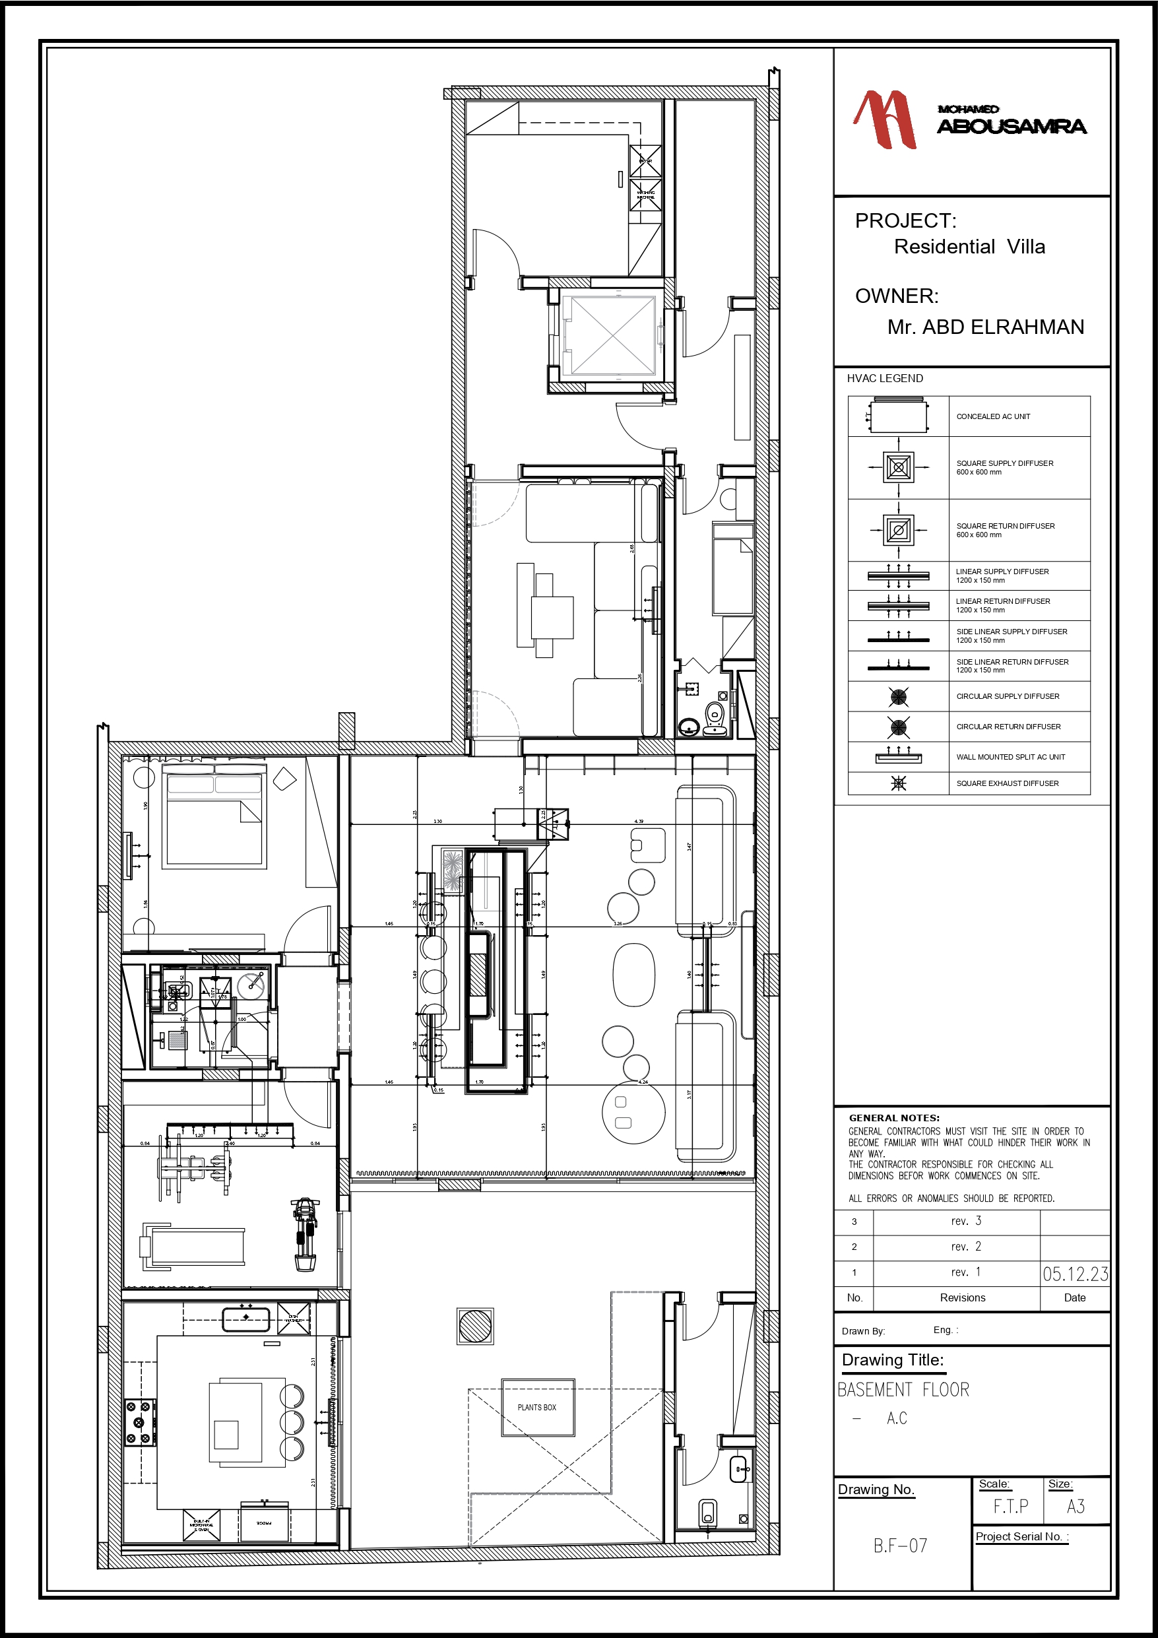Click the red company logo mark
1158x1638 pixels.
885,120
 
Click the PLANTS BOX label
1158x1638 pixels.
536,1408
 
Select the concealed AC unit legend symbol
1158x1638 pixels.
898,416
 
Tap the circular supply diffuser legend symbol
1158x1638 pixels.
898,696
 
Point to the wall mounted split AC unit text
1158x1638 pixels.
1010,757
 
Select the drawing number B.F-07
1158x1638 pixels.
900,1545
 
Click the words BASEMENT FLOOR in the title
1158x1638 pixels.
903,1390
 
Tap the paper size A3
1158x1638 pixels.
1076,1507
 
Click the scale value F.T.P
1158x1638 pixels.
1010,1507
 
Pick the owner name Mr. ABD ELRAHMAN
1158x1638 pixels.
985,327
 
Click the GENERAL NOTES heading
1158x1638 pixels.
894,1118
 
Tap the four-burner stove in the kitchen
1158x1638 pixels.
140,1422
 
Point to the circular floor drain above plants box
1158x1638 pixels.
475,1327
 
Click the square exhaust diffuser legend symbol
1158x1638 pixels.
898,783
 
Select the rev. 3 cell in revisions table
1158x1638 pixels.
965,1222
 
